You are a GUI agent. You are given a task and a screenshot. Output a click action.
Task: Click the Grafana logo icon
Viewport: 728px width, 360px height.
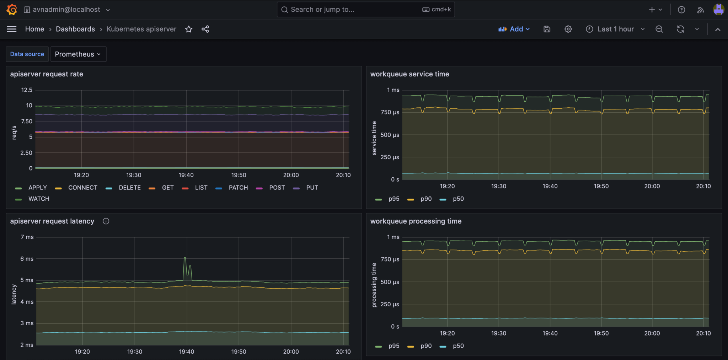coord(12,10)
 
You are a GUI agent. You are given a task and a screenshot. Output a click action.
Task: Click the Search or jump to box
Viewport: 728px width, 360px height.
coord(365,10)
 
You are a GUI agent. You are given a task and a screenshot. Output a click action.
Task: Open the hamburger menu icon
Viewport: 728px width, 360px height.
coord(12,29)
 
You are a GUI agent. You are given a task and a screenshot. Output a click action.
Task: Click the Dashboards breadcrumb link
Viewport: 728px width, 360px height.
coord(75,29)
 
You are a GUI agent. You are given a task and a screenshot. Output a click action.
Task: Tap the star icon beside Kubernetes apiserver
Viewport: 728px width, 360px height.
coord(189,29)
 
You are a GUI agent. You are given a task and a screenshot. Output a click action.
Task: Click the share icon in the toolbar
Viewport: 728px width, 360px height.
coord(205,29)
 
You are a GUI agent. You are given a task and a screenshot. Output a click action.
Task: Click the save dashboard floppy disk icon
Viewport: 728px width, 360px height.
coord(547,29)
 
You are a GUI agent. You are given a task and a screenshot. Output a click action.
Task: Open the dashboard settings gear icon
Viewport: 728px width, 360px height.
coord(568,29)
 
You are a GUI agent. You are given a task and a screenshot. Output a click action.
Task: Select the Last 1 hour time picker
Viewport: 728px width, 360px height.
coord(615,29)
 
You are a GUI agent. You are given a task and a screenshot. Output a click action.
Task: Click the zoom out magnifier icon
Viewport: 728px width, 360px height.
coord(659,29)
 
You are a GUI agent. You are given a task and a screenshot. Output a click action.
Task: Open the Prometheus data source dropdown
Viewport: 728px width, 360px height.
coord(78,54)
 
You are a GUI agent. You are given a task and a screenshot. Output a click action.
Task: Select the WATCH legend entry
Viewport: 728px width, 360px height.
coord(39,199)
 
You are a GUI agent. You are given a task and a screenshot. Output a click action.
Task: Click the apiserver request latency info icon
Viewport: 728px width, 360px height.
coord(106,221)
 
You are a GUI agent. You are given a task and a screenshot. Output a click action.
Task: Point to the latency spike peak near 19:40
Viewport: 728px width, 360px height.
coord(185,258)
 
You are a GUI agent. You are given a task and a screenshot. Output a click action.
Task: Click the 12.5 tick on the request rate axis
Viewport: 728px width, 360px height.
coord(27,90)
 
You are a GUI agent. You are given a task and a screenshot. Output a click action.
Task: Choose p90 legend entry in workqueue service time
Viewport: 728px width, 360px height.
coord(426,199)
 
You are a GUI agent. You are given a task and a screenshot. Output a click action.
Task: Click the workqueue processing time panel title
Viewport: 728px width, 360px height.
coord(416,221)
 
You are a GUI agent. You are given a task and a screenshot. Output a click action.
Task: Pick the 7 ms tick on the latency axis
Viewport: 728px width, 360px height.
coord(27,237)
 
